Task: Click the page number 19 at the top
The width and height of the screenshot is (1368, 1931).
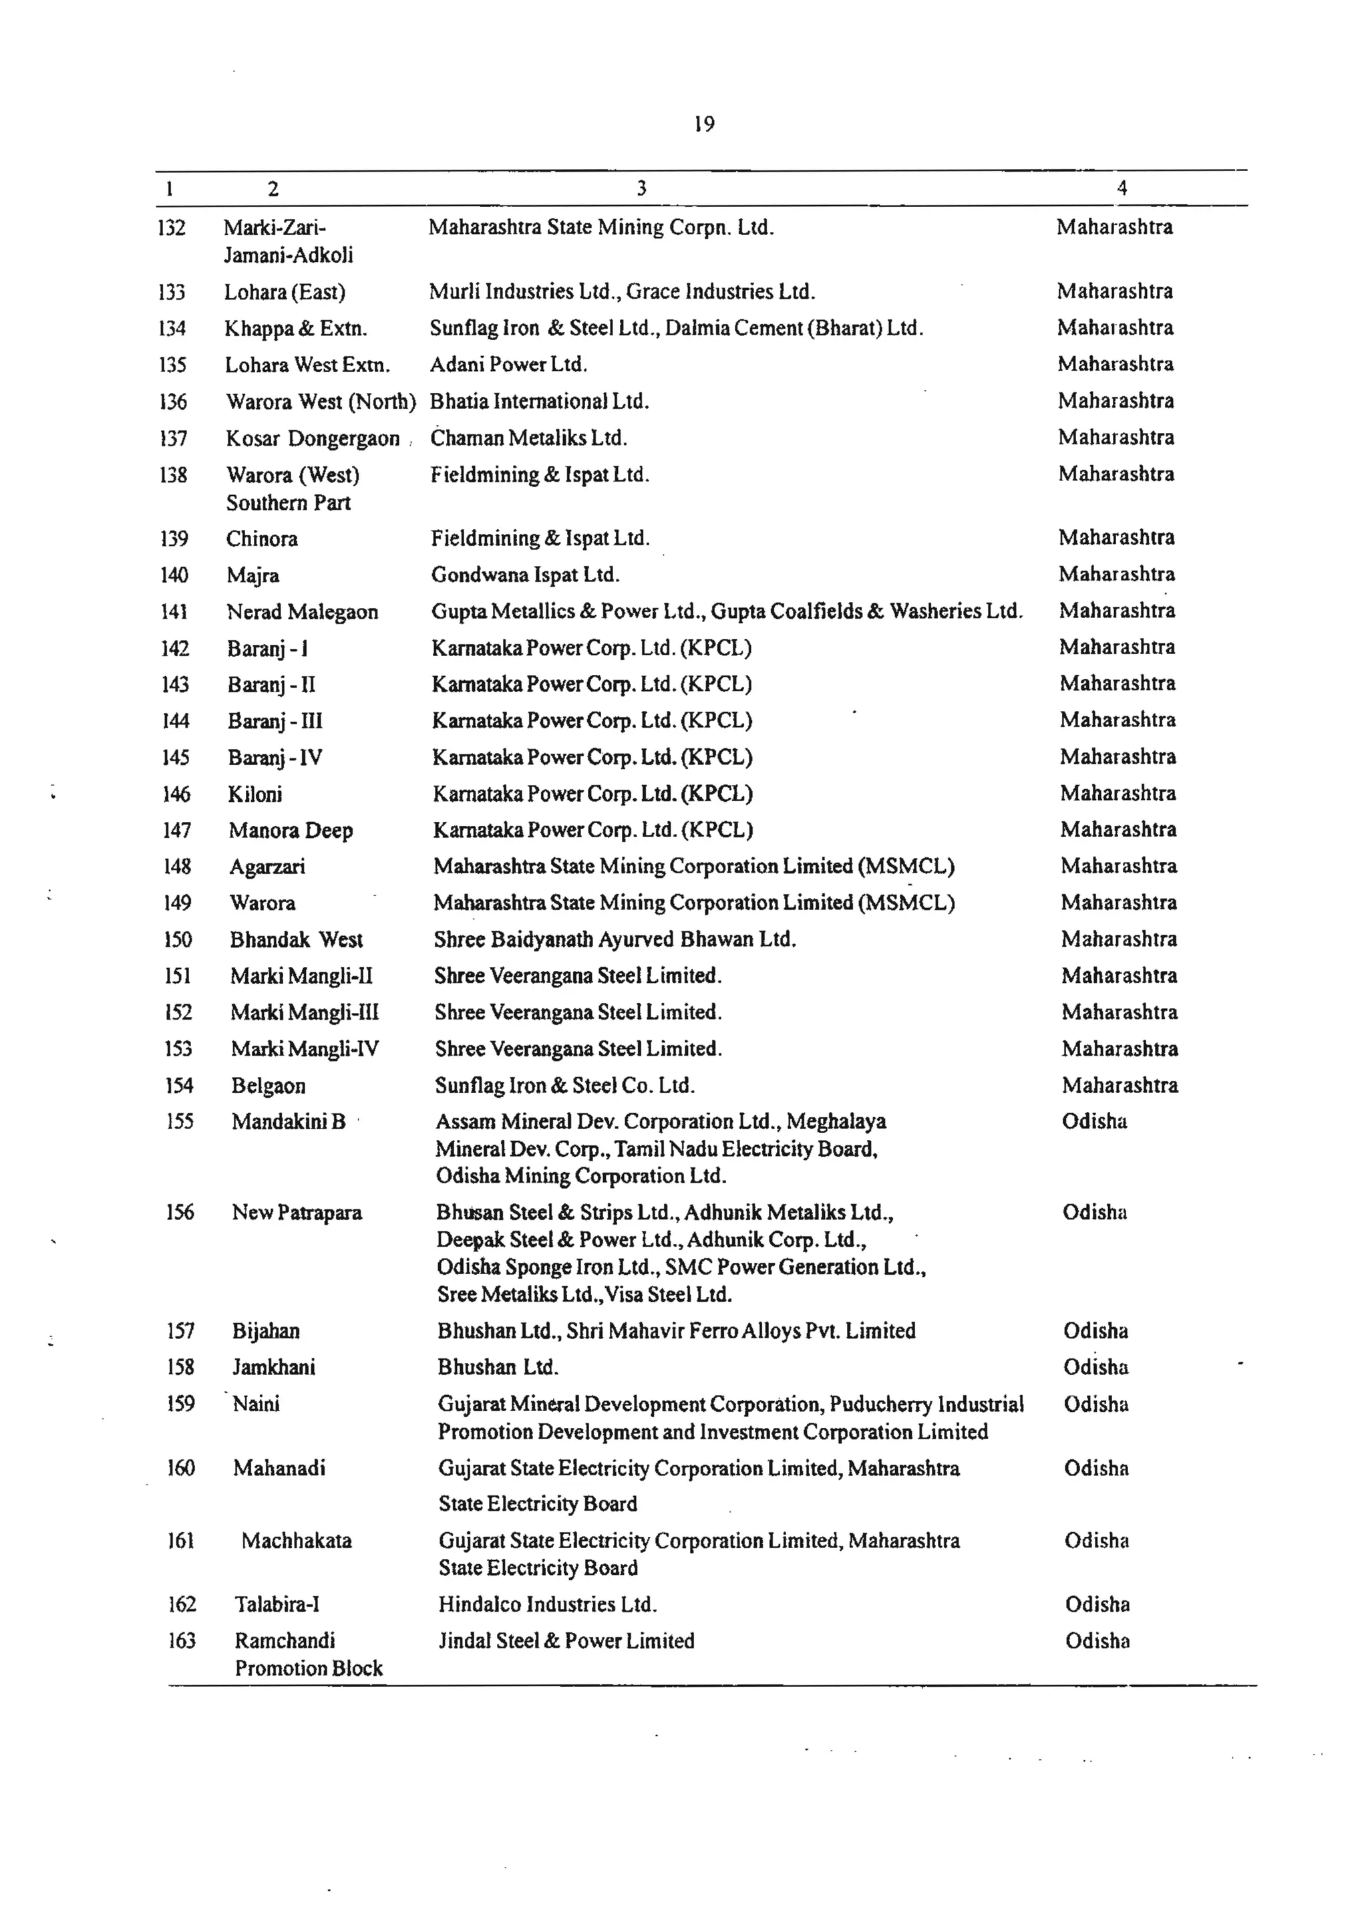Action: (x=704, y=125)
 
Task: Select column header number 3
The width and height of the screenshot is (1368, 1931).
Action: (x=641, y=188)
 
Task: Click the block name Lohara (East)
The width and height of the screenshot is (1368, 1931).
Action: (x=285, y=293)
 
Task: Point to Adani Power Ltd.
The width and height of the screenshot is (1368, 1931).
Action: (x=508, y=365)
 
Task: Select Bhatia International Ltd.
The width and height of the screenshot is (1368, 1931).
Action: (x=539, y=401)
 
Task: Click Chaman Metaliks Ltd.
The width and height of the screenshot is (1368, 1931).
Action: (x=528, y=438)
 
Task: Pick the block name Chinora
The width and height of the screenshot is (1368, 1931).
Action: (x=262, y=539)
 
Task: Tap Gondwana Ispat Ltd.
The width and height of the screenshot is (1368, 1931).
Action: (x=525, y=575)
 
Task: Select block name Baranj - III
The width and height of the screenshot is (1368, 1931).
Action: (x=275, y=721)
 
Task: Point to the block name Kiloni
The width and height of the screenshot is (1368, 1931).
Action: (x=255, y=794)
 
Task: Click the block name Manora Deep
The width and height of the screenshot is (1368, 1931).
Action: (x=291, y=831)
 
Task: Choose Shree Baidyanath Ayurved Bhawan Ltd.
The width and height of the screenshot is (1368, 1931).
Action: (x=615, y=939)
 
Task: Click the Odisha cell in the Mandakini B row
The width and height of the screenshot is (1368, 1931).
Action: (x=1094, y=1121)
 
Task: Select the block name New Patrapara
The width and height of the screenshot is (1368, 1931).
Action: (x=297, y=1213)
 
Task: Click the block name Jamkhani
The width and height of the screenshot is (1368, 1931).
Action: (x=274, y=1367)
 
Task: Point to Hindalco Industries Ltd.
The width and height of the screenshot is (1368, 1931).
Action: (x=548, y=1605)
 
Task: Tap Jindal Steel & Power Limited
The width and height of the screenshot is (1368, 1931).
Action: (x=566, y=1641)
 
